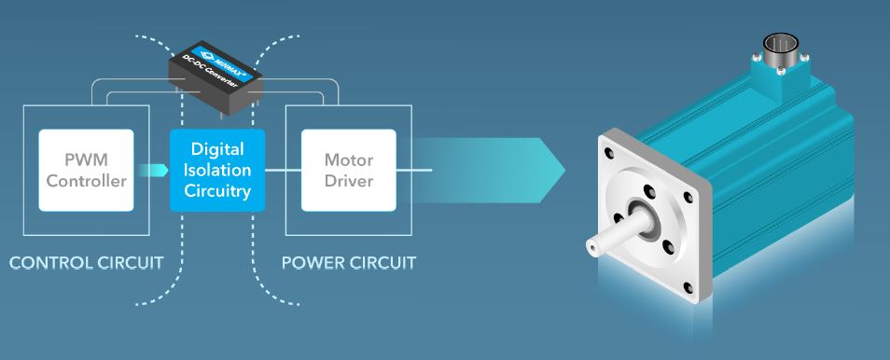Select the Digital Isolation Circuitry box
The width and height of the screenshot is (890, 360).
point(218,170)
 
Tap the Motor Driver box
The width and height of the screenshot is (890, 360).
point(349,170)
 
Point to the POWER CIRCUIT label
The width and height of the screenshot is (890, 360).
point(349,261)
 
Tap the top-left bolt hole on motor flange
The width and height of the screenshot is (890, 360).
point(609,152)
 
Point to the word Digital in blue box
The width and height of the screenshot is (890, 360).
point(218,149)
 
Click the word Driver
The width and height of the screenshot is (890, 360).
point(349,181)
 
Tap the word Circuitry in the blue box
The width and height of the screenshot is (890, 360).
point(218,191)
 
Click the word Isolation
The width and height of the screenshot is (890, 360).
point(218,170)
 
